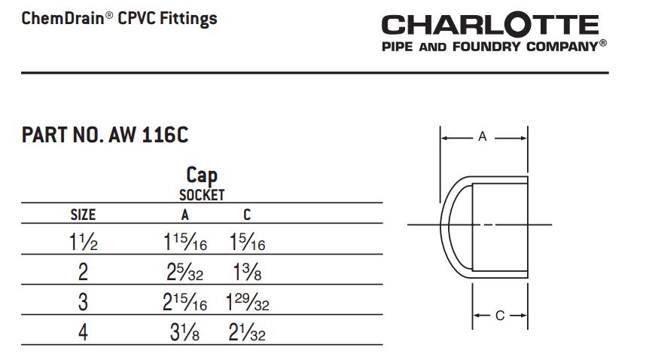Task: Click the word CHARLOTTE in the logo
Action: [x=489, y=24]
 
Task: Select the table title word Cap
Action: [x=202, y=175]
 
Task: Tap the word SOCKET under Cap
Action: [x=202, y=195]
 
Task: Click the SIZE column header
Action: [x=83, y=215]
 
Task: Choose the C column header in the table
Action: [x=247, y=215]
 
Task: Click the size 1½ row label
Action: [x=83, y=243]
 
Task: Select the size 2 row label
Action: [x=83, y=273]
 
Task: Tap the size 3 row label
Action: [x=83, y=302]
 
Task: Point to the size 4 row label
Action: [x=83, y=331]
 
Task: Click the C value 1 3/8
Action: [x=247, y=273]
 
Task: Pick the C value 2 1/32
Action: [x=247, y=331]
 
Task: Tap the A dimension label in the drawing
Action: [x=483, y=137]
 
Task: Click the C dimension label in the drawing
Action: [x=500, y=316]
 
